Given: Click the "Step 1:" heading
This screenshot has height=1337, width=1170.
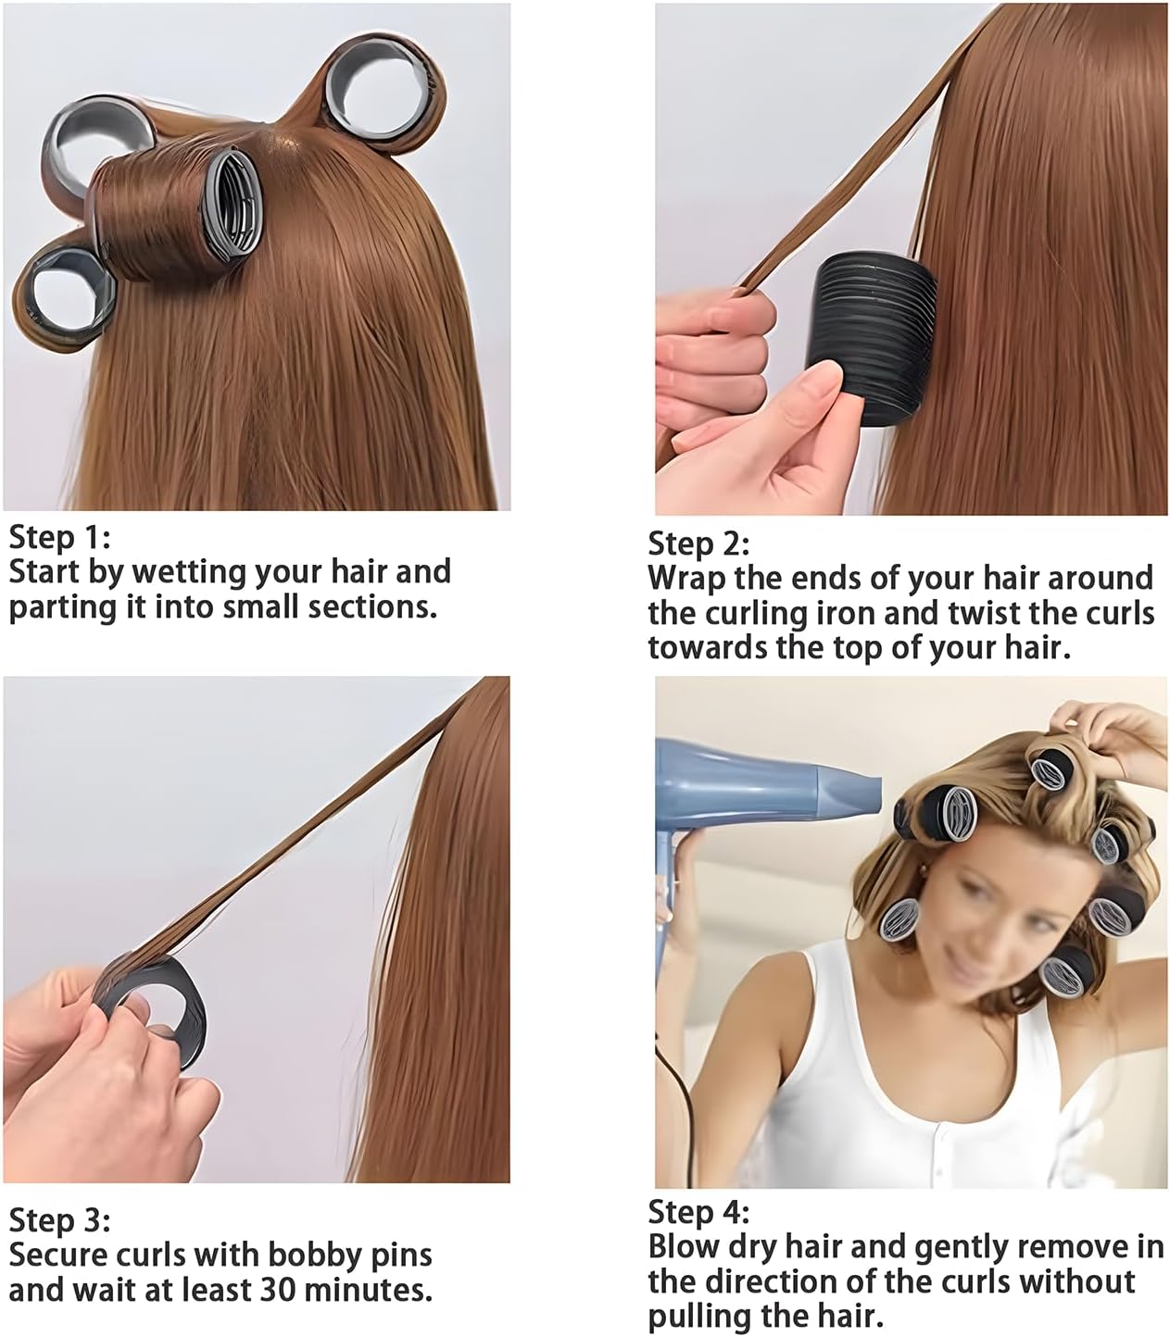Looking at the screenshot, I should tap(59, 537).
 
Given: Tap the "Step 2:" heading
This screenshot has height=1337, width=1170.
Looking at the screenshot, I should tap(698, 544).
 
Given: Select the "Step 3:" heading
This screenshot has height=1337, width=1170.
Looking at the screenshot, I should tap(59, 1220).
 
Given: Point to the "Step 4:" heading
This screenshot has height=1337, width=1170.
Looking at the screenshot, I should tap(698, 1212).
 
